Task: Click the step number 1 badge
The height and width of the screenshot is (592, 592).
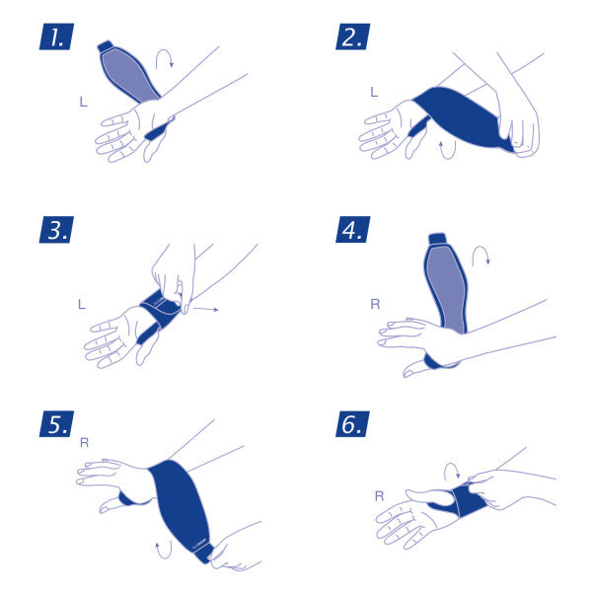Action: tap(56, 37)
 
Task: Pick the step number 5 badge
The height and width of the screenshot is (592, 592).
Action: tap(56, 426)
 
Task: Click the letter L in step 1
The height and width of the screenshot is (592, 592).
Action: tap(83, 101)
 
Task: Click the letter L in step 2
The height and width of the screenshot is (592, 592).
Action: tap(373, 92)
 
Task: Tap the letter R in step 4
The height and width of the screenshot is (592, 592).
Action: tap(375, 304)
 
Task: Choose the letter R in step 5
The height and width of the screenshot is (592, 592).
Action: tap(84, 445)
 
